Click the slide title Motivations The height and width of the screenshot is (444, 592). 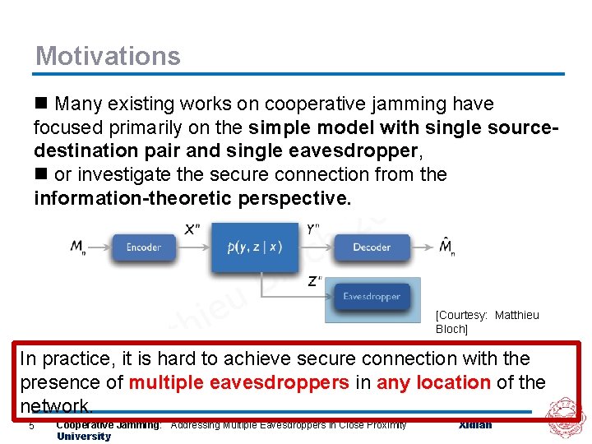tap(108, 56)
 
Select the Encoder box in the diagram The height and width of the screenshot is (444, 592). tap(143, 247)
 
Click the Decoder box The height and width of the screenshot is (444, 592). tap(372, 247)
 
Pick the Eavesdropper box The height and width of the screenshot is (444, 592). tap(372, 297)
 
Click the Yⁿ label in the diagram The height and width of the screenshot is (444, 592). tap(314, 229)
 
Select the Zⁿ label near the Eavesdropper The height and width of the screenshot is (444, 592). tap(315, 280)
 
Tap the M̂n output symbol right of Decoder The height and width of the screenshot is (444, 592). tap(446, 247)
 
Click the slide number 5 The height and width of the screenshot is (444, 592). tap(31, 425)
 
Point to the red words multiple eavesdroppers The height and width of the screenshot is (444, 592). tap(239, 382)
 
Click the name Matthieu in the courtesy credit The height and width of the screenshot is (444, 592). tap(516, 315)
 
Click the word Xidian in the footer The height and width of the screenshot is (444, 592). tap(474, 424)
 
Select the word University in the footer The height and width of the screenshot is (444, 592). tap(83, 436)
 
